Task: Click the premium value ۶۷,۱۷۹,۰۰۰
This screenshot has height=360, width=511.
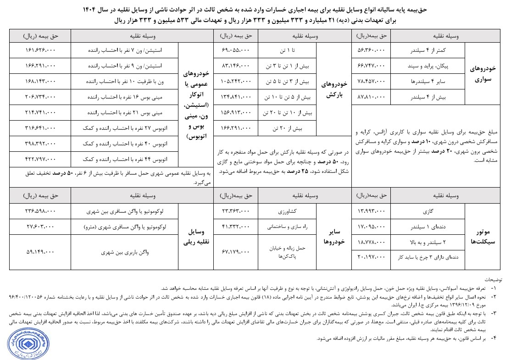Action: click(x=235, y=251)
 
